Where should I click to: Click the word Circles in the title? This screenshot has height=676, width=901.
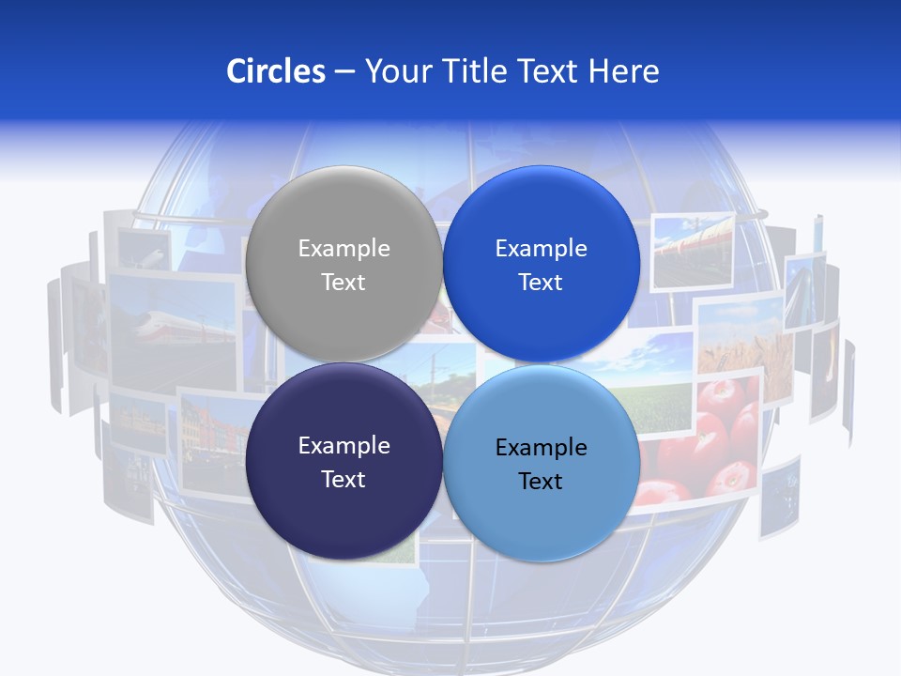pos(275,71)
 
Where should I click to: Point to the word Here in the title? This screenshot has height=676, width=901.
pos(624,71)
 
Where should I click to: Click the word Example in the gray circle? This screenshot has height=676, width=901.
pos(344,249)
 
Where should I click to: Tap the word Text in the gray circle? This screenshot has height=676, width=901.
pos(344,282)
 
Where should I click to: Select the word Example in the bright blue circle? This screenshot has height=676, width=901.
pos(541,249)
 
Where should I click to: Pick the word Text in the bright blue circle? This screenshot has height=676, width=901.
pos(541,282)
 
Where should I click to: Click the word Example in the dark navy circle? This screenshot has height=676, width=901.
pos(344,446)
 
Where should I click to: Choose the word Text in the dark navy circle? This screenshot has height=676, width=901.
pos(344,479)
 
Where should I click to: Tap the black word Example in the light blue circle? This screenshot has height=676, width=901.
pos(541,448)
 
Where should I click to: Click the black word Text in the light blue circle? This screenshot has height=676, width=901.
pos(541,482)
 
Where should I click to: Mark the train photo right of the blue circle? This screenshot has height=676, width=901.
pos(692,249)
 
